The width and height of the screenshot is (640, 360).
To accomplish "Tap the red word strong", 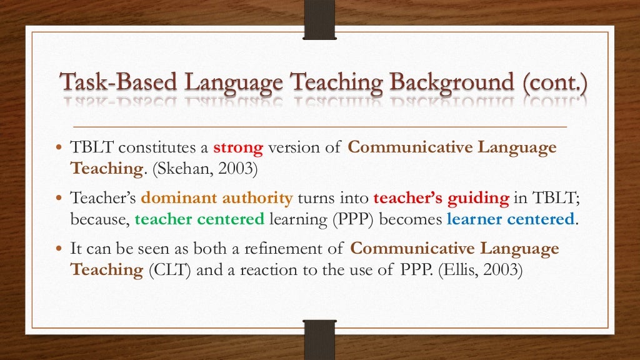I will click(x=238, y=148).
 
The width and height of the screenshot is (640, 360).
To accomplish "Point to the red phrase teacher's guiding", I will click(x=441, y=199).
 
